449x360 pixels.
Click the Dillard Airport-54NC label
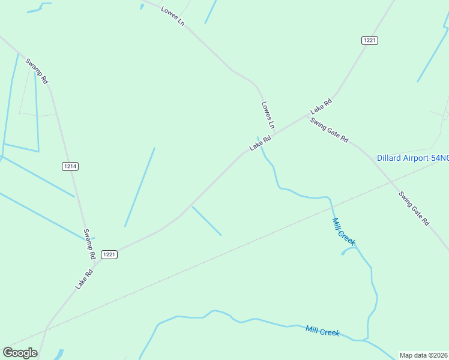(412, 158)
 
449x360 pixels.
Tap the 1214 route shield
(70, 166)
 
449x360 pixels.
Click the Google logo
(20, 353)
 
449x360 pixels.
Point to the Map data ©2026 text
(423, 355)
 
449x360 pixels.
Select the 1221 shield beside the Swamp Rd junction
(109, 254)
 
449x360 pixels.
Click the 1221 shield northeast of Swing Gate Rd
(370, 40)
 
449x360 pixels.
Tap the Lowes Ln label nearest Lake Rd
(268, 115)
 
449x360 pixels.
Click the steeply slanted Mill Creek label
(344, 232)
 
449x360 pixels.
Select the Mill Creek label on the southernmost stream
(322, 331)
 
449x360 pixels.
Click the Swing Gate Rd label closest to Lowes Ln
(329, 130)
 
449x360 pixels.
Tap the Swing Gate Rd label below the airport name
(414, 208)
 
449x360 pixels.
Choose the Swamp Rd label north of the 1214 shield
(37, 71)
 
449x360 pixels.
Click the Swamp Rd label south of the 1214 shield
(89, 244)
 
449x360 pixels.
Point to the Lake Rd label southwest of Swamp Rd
(84, 279)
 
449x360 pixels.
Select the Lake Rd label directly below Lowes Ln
(261, 143)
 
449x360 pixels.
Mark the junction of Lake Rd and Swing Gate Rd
(306, 114)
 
